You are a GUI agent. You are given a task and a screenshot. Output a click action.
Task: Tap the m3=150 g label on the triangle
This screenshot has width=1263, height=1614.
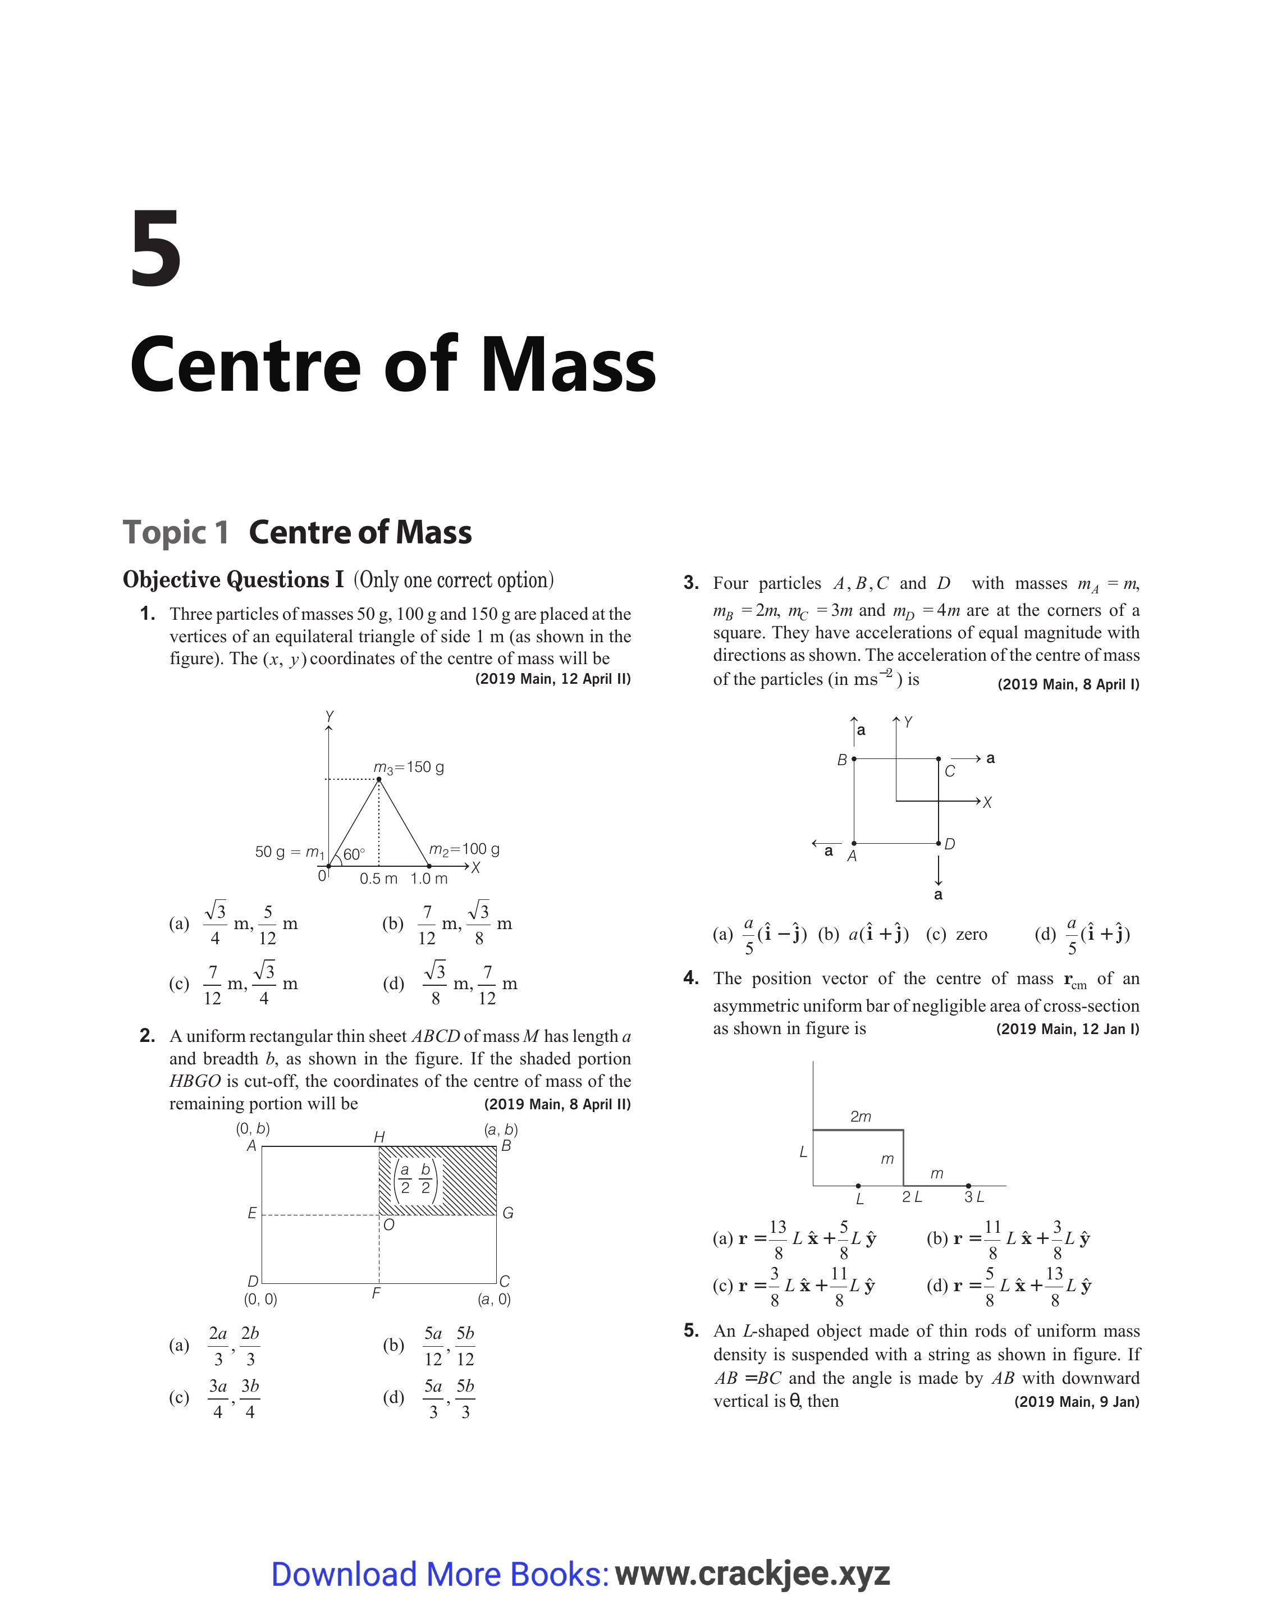(409, 767)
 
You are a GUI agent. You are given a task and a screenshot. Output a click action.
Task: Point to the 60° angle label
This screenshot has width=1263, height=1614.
(354, 854)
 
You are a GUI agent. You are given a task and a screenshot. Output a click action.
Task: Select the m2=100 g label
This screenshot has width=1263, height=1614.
(464, 849)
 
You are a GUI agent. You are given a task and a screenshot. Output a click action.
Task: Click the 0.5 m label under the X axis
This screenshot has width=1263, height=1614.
(378, 879)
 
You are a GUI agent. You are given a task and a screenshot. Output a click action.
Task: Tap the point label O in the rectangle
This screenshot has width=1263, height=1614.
(389, 1225)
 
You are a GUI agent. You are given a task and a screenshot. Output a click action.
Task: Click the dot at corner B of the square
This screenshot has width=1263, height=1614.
(854, 758)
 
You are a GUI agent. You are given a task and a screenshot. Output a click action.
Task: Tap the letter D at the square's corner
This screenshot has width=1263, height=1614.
(950, 844)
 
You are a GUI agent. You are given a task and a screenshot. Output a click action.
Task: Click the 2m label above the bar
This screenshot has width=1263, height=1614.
(861, 1117)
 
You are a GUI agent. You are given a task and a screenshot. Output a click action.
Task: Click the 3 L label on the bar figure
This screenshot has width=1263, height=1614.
(974, 1196)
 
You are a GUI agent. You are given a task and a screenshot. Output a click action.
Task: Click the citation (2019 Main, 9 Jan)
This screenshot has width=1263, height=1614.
(1077, 1402)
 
